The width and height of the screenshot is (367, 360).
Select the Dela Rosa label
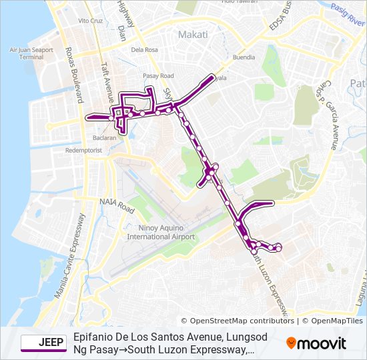[x=144, y=49]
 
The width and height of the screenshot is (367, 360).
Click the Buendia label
[x=244, y=57]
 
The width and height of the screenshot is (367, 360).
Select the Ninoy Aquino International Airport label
[x=161, y=232]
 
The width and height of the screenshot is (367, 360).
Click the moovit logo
[x=316, y=343]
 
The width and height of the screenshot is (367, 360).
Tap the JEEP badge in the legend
[x=43, y=343]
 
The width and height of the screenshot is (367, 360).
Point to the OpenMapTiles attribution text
[x=336, y=321]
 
